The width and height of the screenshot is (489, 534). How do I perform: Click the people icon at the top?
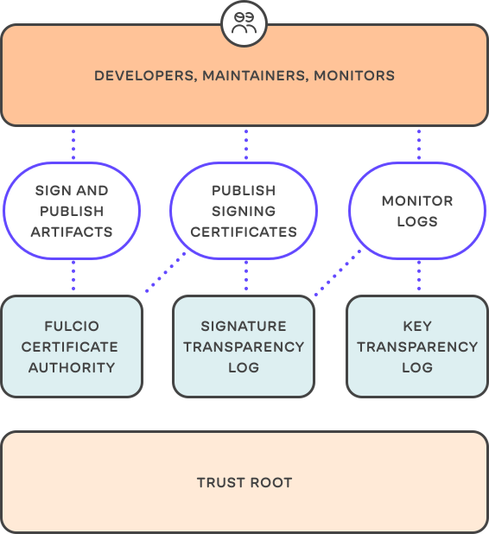(244, 23)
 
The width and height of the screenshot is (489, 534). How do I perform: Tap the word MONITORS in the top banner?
(354, 76)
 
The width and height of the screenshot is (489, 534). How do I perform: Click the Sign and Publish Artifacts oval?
(72, 211)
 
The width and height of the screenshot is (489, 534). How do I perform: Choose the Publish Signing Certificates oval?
(244, 211)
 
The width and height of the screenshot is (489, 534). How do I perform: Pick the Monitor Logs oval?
(417, 211)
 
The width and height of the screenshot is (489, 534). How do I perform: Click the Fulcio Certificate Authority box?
(72, 346)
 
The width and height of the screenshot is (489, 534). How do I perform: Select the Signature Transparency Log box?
(244, 346)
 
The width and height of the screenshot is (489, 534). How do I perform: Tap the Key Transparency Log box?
(417, 346)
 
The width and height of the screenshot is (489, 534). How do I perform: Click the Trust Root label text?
(244, 482)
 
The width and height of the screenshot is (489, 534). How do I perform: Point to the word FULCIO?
(72, 327)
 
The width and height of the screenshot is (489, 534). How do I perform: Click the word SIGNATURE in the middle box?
(244, 327)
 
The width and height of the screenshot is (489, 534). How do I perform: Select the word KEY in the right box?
(417, 327)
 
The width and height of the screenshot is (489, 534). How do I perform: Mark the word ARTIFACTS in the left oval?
(72, 232)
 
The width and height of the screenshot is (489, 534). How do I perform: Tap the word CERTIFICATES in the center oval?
(244, 232)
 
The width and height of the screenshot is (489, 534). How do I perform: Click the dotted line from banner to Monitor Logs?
(419, 143)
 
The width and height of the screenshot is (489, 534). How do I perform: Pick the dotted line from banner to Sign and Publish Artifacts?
(73, 143)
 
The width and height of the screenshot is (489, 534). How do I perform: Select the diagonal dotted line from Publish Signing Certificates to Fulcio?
(166, 272)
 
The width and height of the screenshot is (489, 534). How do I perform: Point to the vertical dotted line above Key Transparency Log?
(419, 277)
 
